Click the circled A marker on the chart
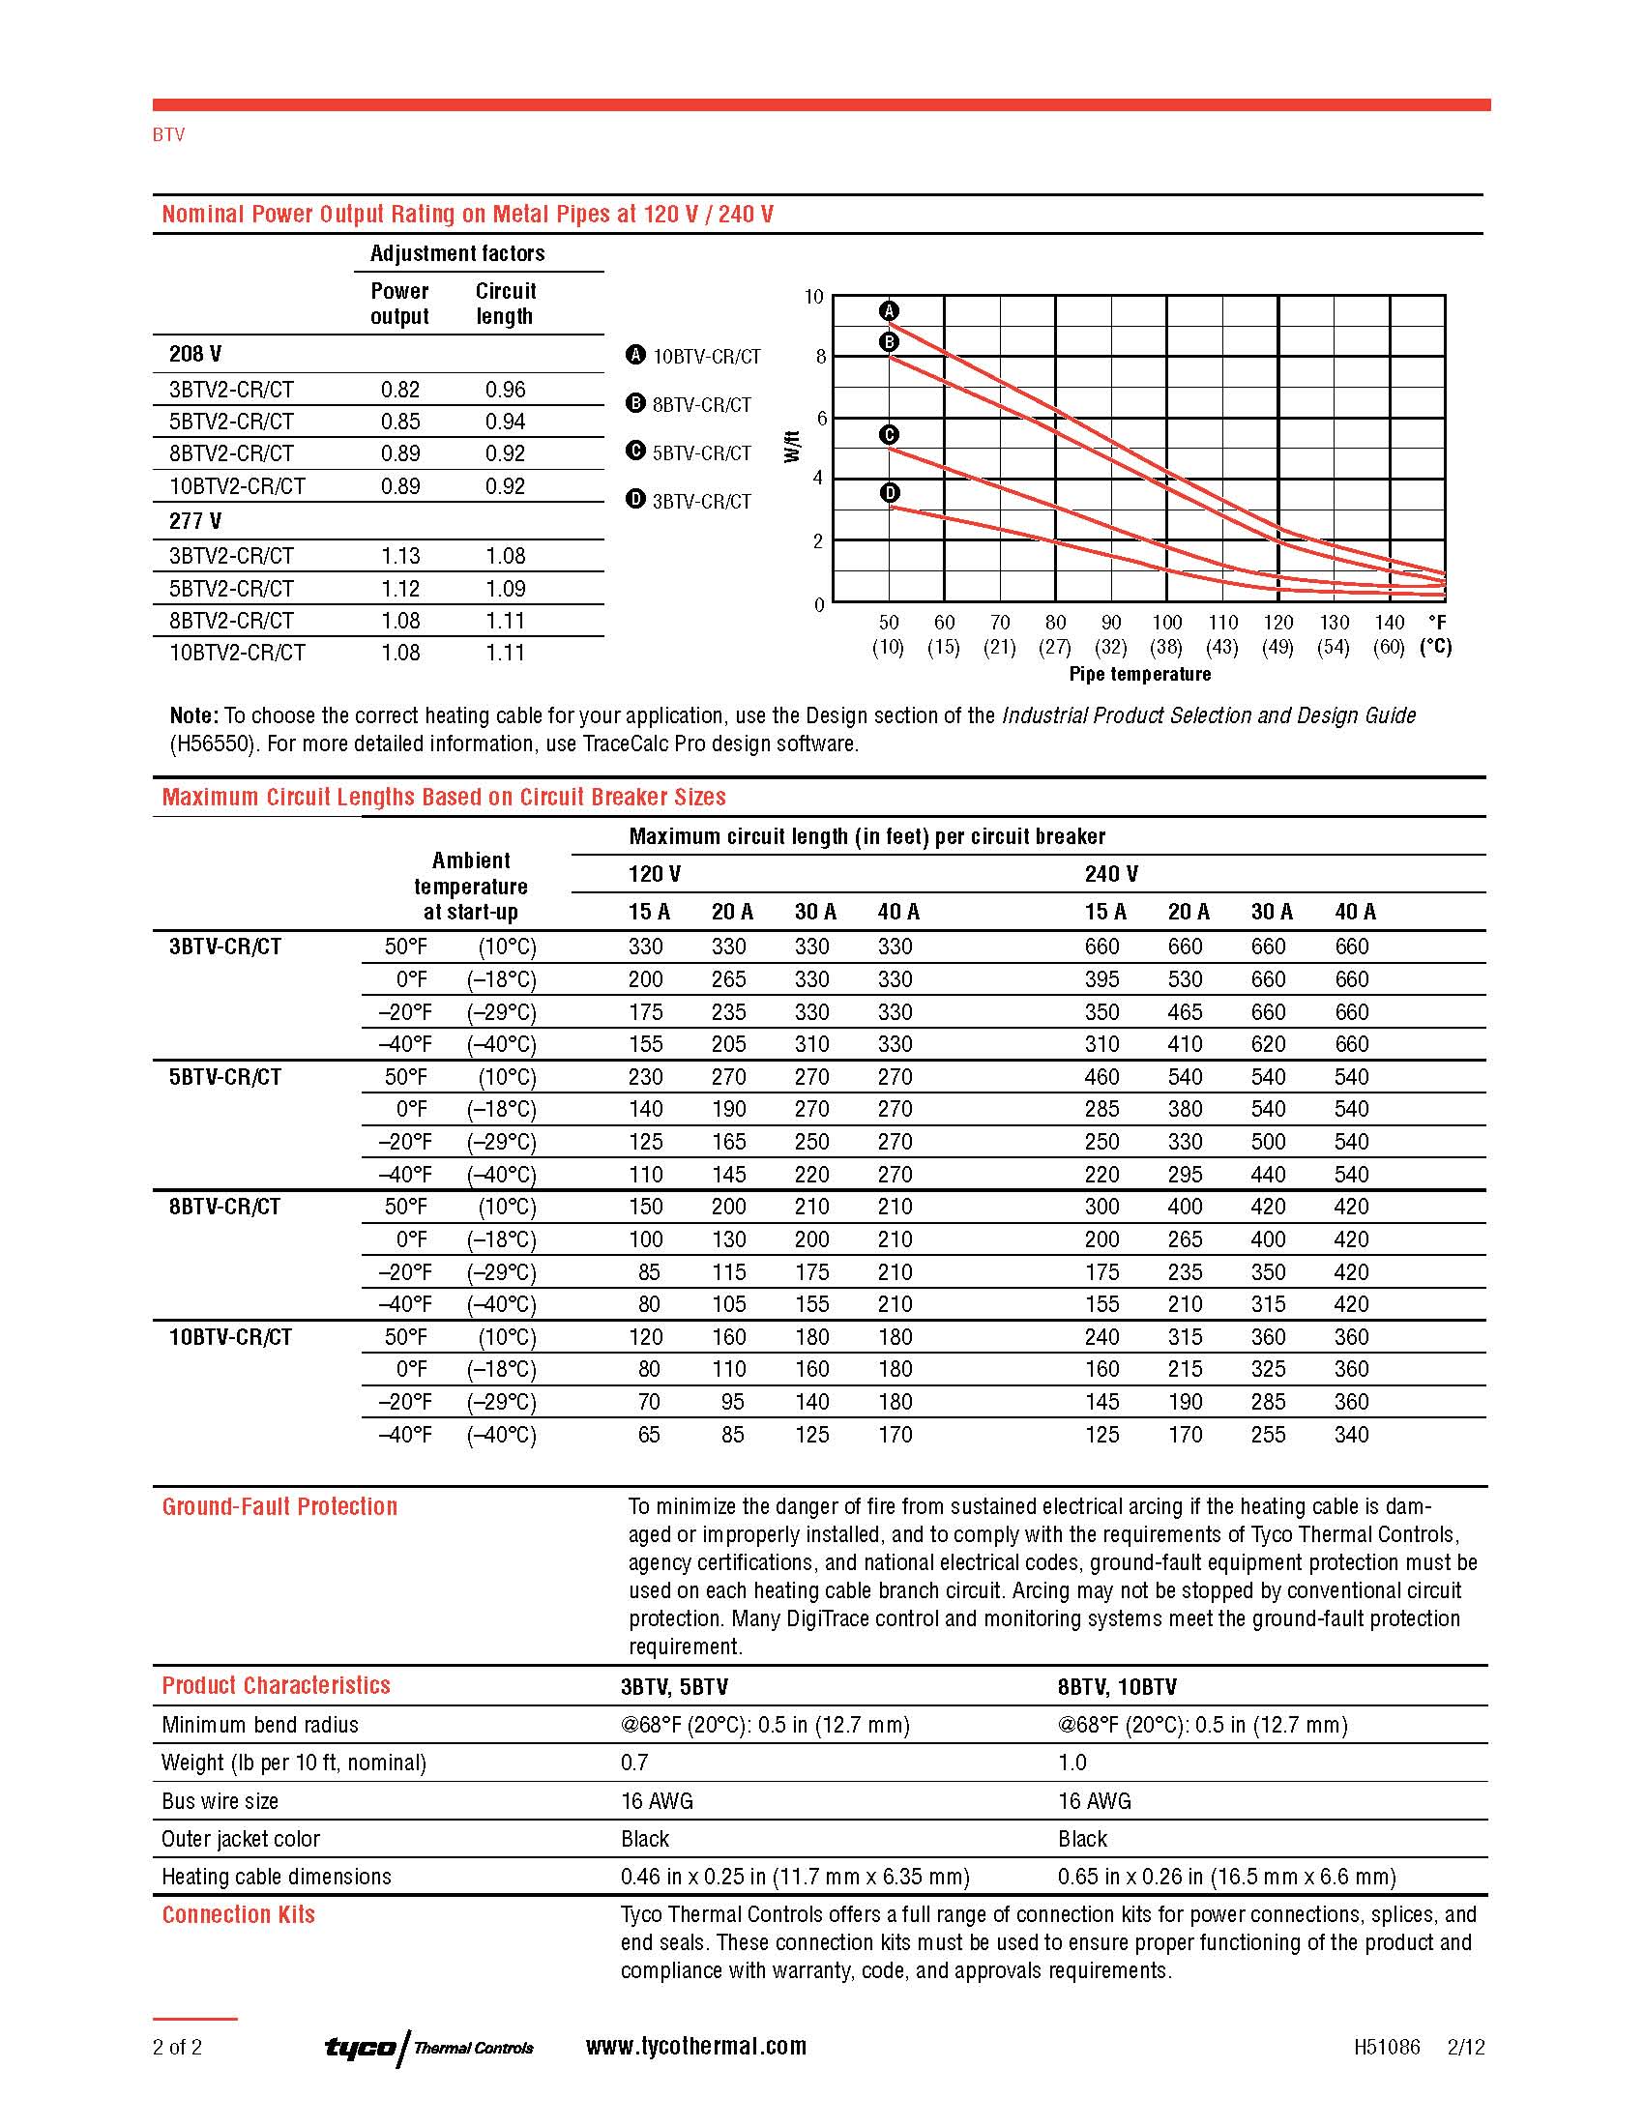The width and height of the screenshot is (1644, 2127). point(888,310)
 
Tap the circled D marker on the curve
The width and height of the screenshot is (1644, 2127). point(889,493)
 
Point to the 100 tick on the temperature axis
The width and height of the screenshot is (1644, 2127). point(1167,623)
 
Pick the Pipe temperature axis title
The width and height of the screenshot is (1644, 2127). point(1139,674)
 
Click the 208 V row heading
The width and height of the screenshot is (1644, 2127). point(194,354)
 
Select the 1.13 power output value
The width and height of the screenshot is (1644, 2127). point(400,556)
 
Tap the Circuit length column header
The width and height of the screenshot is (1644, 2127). point(506,303)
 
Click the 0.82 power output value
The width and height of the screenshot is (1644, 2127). point(400,390)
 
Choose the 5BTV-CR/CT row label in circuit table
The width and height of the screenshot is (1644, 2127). point(225,1076)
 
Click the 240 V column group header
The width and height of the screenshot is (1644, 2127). point(1111,874)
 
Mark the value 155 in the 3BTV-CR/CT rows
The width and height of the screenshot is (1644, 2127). point(646,1044)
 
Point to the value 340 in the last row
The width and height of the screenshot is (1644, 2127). point(1351,1434)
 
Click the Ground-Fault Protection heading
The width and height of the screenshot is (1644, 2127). point(279,1506)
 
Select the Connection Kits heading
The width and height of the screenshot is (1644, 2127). point(239,1914)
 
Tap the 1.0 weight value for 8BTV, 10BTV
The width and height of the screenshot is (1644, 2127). point(1072,1763)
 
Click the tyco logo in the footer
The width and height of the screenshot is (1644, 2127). point(361,2046)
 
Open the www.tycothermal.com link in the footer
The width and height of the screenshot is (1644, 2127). point(695,2046)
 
